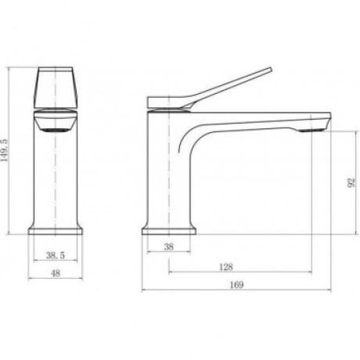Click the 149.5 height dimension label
5,151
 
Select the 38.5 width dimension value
56,255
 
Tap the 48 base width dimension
56,273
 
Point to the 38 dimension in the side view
169,247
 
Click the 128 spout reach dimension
226,267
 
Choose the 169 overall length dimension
236,285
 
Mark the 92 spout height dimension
351,182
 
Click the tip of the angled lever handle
271,69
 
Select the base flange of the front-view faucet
56,231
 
